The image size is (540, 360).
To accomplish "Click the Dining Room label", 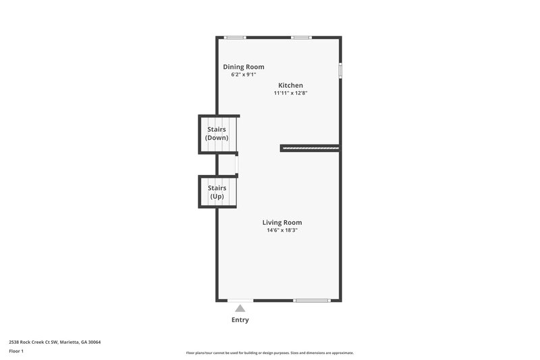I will pos(244,67).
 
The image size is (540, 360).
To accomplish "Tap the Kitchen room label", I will pos(291,85).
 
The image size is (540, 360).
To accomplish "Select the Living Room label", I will pos(282,222).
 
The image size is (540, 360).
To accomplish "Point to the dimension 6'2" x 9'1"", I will pos(244,75).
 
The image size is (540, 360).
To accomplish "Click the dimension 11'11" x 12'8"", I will pos(291,93).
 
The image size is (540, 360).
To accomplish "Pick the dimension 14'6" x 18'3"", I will pos(282,230).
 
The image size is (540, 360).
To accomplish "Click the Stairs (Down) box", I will pos(217,133).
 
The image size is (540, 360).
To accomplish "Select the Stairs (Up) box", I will pos(217,192).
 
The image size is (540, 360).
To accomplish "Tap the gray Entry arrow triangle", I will pos(240,308).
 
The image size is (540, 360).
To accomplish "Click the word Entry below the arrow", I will pos(240,320).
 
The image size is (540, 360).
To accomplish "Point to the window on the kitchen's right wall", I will pos(340,70).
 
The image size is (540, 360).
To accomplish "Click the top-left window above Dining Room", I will pos(235,37).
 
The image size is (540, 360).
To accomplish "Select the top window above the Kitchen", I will pos(300,37).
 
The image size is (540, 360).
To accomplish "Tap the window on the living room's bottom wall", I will pos(312,300).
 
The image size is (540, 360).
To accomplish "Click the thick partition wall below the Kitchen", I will pos(310,147).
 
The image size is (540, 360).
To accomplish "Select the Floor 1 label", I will pos(16,351).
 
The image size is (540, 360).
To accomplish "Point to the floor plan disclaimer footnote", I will pos(269,353).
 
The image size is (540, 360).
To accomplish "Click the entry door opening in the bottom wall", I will pos(240,300).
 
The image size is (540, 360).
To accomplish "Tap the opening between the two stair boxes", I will pos(236,164).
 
